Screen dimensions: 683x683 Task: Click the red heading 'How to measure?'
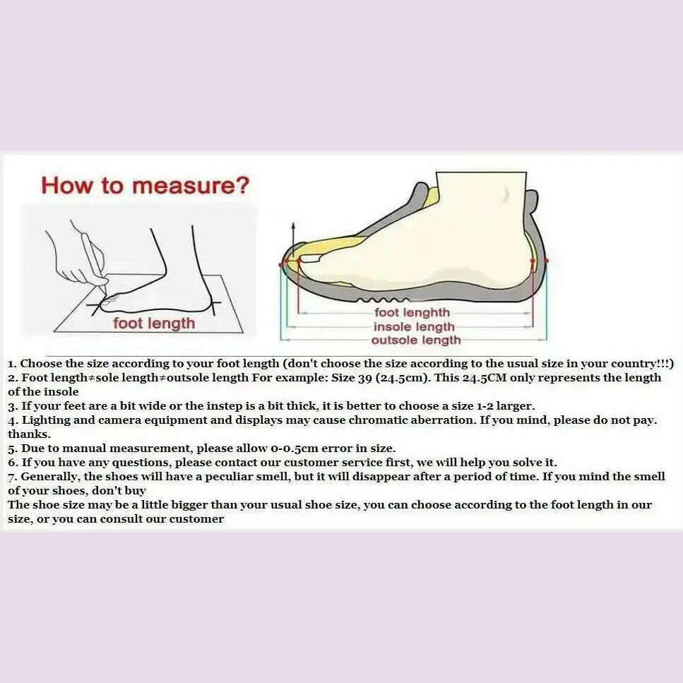145,186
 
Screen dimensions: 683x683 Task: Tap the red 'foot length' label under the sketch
154,323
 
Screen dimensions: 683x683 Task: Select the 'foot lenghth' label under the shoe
412,312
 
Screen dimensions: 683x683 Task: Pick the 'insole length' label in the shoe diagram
414,326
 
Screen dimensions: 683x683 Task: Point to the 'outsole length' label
416,340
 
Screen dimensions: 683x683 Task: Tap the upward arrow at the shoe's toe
293,230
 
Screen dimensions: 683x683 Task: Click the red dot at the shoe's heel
545,261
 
